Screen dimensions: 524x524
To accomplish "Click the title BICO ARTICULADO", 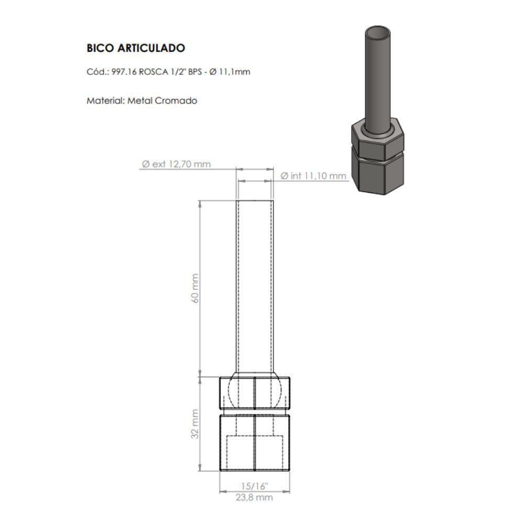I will (135, 48).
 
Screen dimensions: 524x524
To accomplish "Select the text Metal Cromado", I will (162, 101).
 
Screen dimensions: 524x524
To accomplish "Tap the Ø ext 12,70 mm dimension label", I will (176, 164).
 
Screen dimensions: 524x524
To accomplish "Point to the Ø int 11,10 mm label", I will (313, 176).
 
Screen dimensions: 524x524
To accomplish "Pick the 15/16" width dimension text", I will (255, 486).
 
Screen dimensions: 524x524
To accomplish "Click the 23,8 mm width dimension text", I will (255, 497).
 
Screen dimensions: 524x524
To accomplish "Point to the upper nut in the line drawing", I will (255, 393).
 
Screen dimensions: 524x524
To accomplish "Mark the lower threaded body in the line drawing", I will (255, 443).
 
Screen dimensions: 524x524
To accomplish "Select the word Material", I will (105, 101).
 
